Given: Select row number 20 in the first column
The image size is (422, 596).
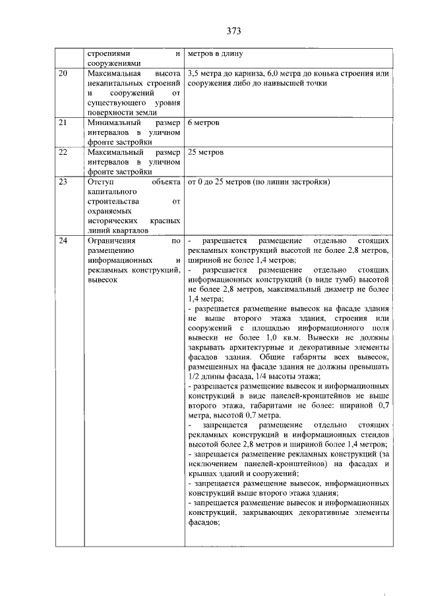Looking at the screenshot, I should click(x=63, y=73).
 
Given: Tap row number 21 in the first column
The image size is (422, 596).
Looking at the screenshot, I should click(x=63, y=123).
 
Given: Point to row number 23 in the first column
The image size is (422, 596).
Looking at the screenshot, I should click(x=63, y=181).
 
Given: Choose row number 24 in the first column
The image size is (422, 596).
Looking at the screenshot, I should click(x=63, y=241).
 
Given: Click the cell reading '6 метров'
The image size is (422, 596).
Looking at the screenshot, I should click(x=204, y=123).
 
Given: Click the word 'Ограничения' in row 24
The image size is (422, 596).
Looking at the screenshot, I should click(x=109, y=241).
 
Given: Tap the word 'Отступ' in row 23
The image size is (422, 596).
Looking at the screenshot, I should click(x=100, y=181).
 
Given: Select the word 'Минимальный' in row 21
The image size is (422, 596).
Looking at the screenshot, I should click(x=114, y=123).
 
